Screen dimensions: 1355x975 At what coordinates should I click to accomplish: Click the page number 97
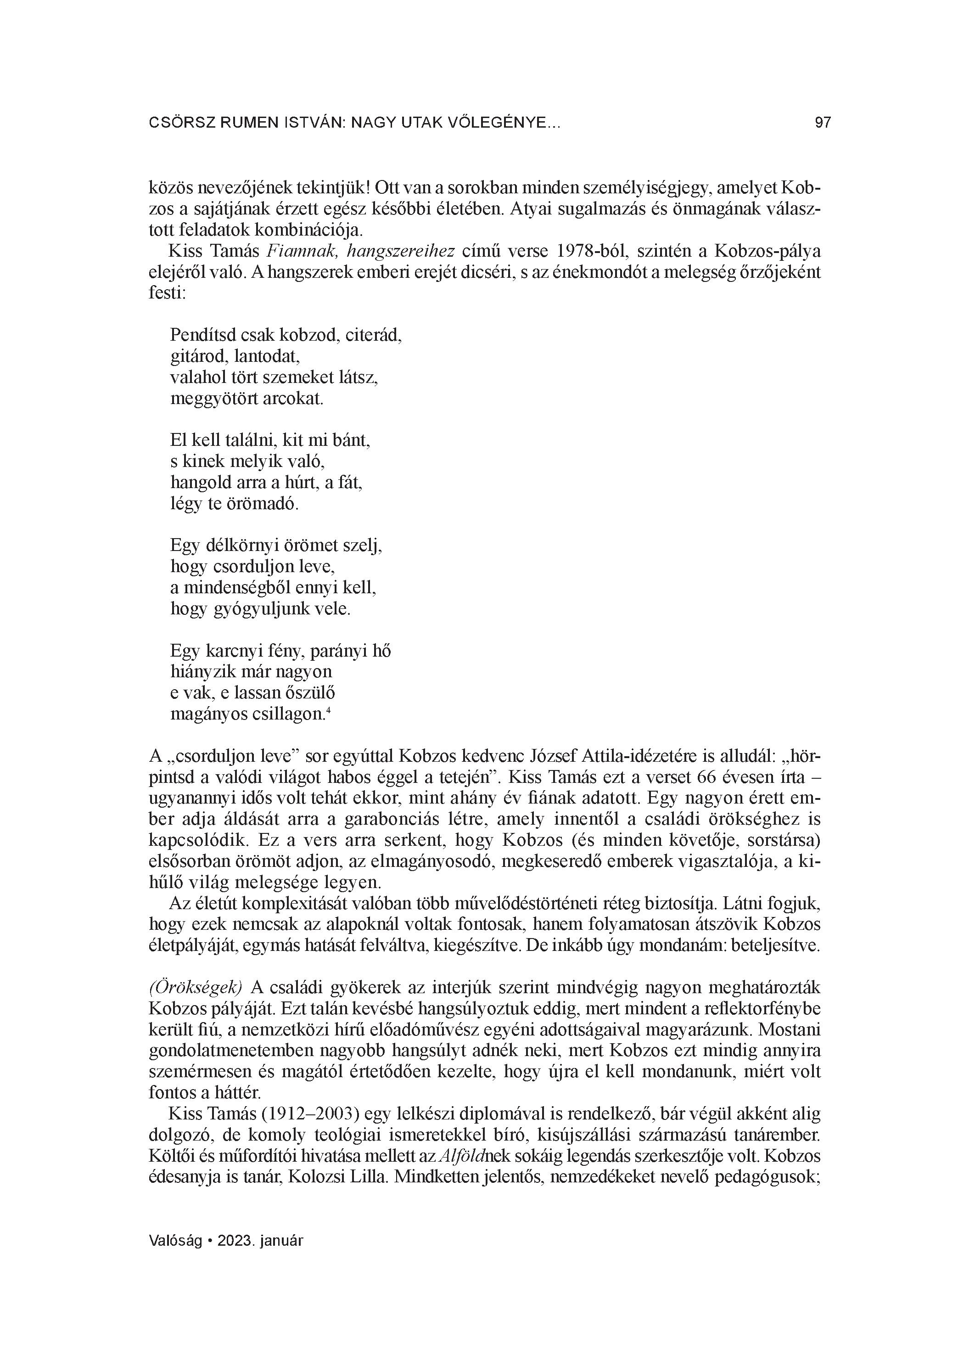[823, 123]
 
